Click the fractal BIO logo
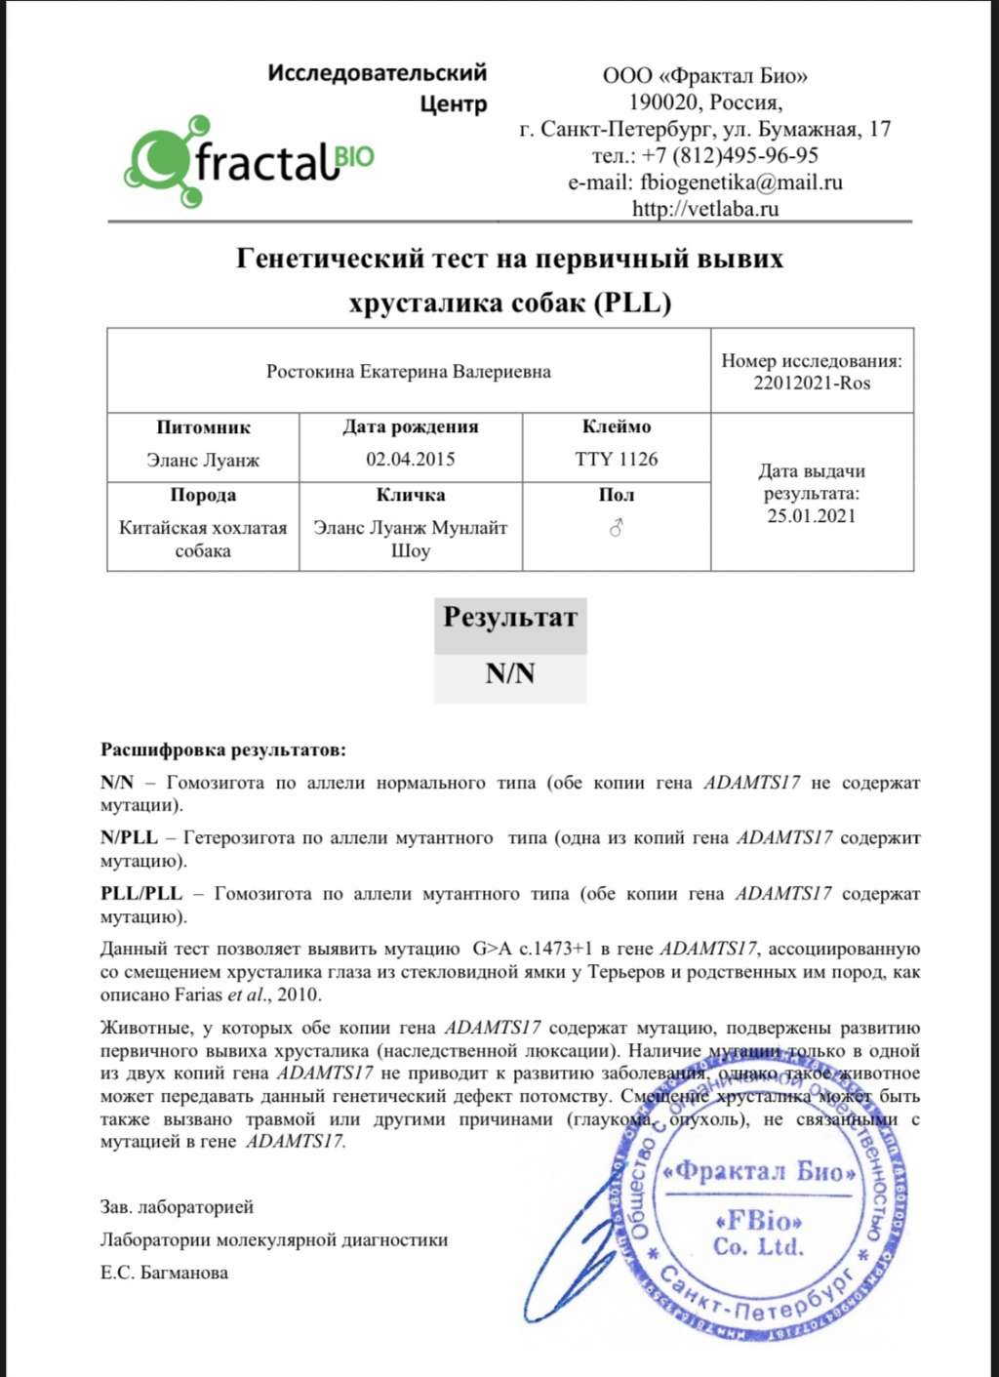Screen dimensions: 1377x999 (249, 161)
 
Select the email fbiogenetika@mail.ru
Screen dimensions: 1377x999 (740, 182)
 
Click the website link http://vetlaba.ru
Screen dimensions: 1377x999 (704, 208)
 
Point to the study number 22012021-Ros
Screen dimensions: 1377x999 (811, 383)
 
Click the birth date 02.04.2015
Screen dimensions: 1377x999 (410, 459)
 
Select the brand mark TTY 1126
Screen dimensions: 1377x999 (616, 459)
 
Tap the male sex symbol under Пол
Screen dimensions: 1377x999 (616, 528)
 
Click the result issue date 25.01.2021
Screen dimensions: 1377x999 (811, 516)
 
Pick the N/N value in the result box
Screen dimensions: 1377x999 (509, 674)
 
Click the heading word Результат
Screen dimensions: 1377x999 (509, 618)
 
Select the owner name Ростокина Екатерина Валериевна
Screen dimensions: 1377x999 (408, 372)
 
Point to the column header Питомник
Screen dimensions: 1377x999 (203, 427)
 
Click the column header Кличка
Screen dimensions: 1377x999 (410, 495)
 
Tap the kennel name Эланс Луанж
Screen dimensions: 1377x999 (203, 460)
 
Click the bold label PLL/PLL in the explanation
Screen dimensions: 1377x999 (140, 894)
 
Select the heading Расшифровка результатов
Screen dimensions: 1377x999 (222, 750)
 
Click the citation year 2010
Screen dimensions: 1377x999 (299, 995)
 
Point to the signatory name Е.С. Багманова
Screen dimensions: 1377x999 (164, 1273)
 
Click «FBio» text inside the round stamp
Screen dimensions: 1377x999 (758, 1221)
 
